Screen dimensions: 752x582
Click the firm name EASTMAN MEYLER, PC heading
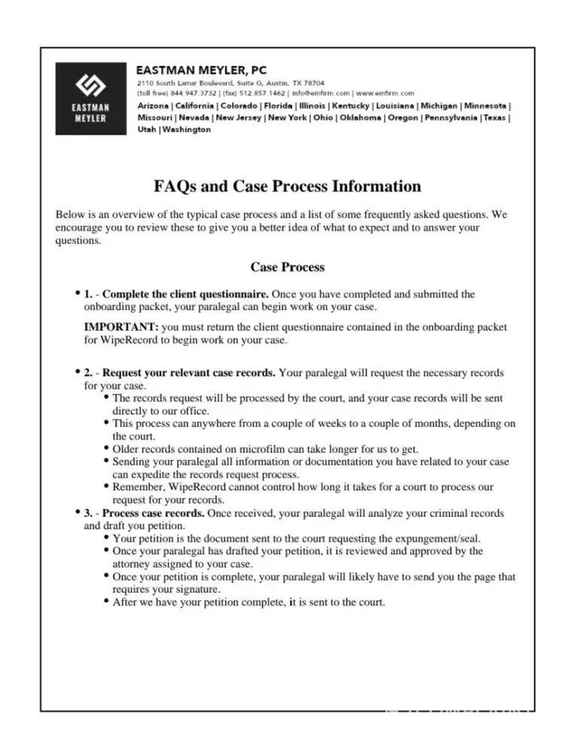coord(201,70)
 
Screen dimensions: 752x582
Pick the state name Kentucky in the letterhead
coord(350,106)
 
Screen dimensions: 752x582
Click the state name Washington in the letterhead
coord(187,129)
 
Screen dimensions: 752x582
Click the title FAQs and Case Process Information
coord(288,186)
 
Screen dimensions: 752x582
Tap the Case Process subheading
coord(287,267)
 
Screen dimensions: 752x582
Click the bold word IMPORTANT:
coord(121,327)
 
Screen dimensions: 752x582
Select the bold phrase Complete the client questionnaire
coord(185,294)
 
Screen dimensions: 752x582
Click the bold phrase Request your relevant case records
coord(189,373)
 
